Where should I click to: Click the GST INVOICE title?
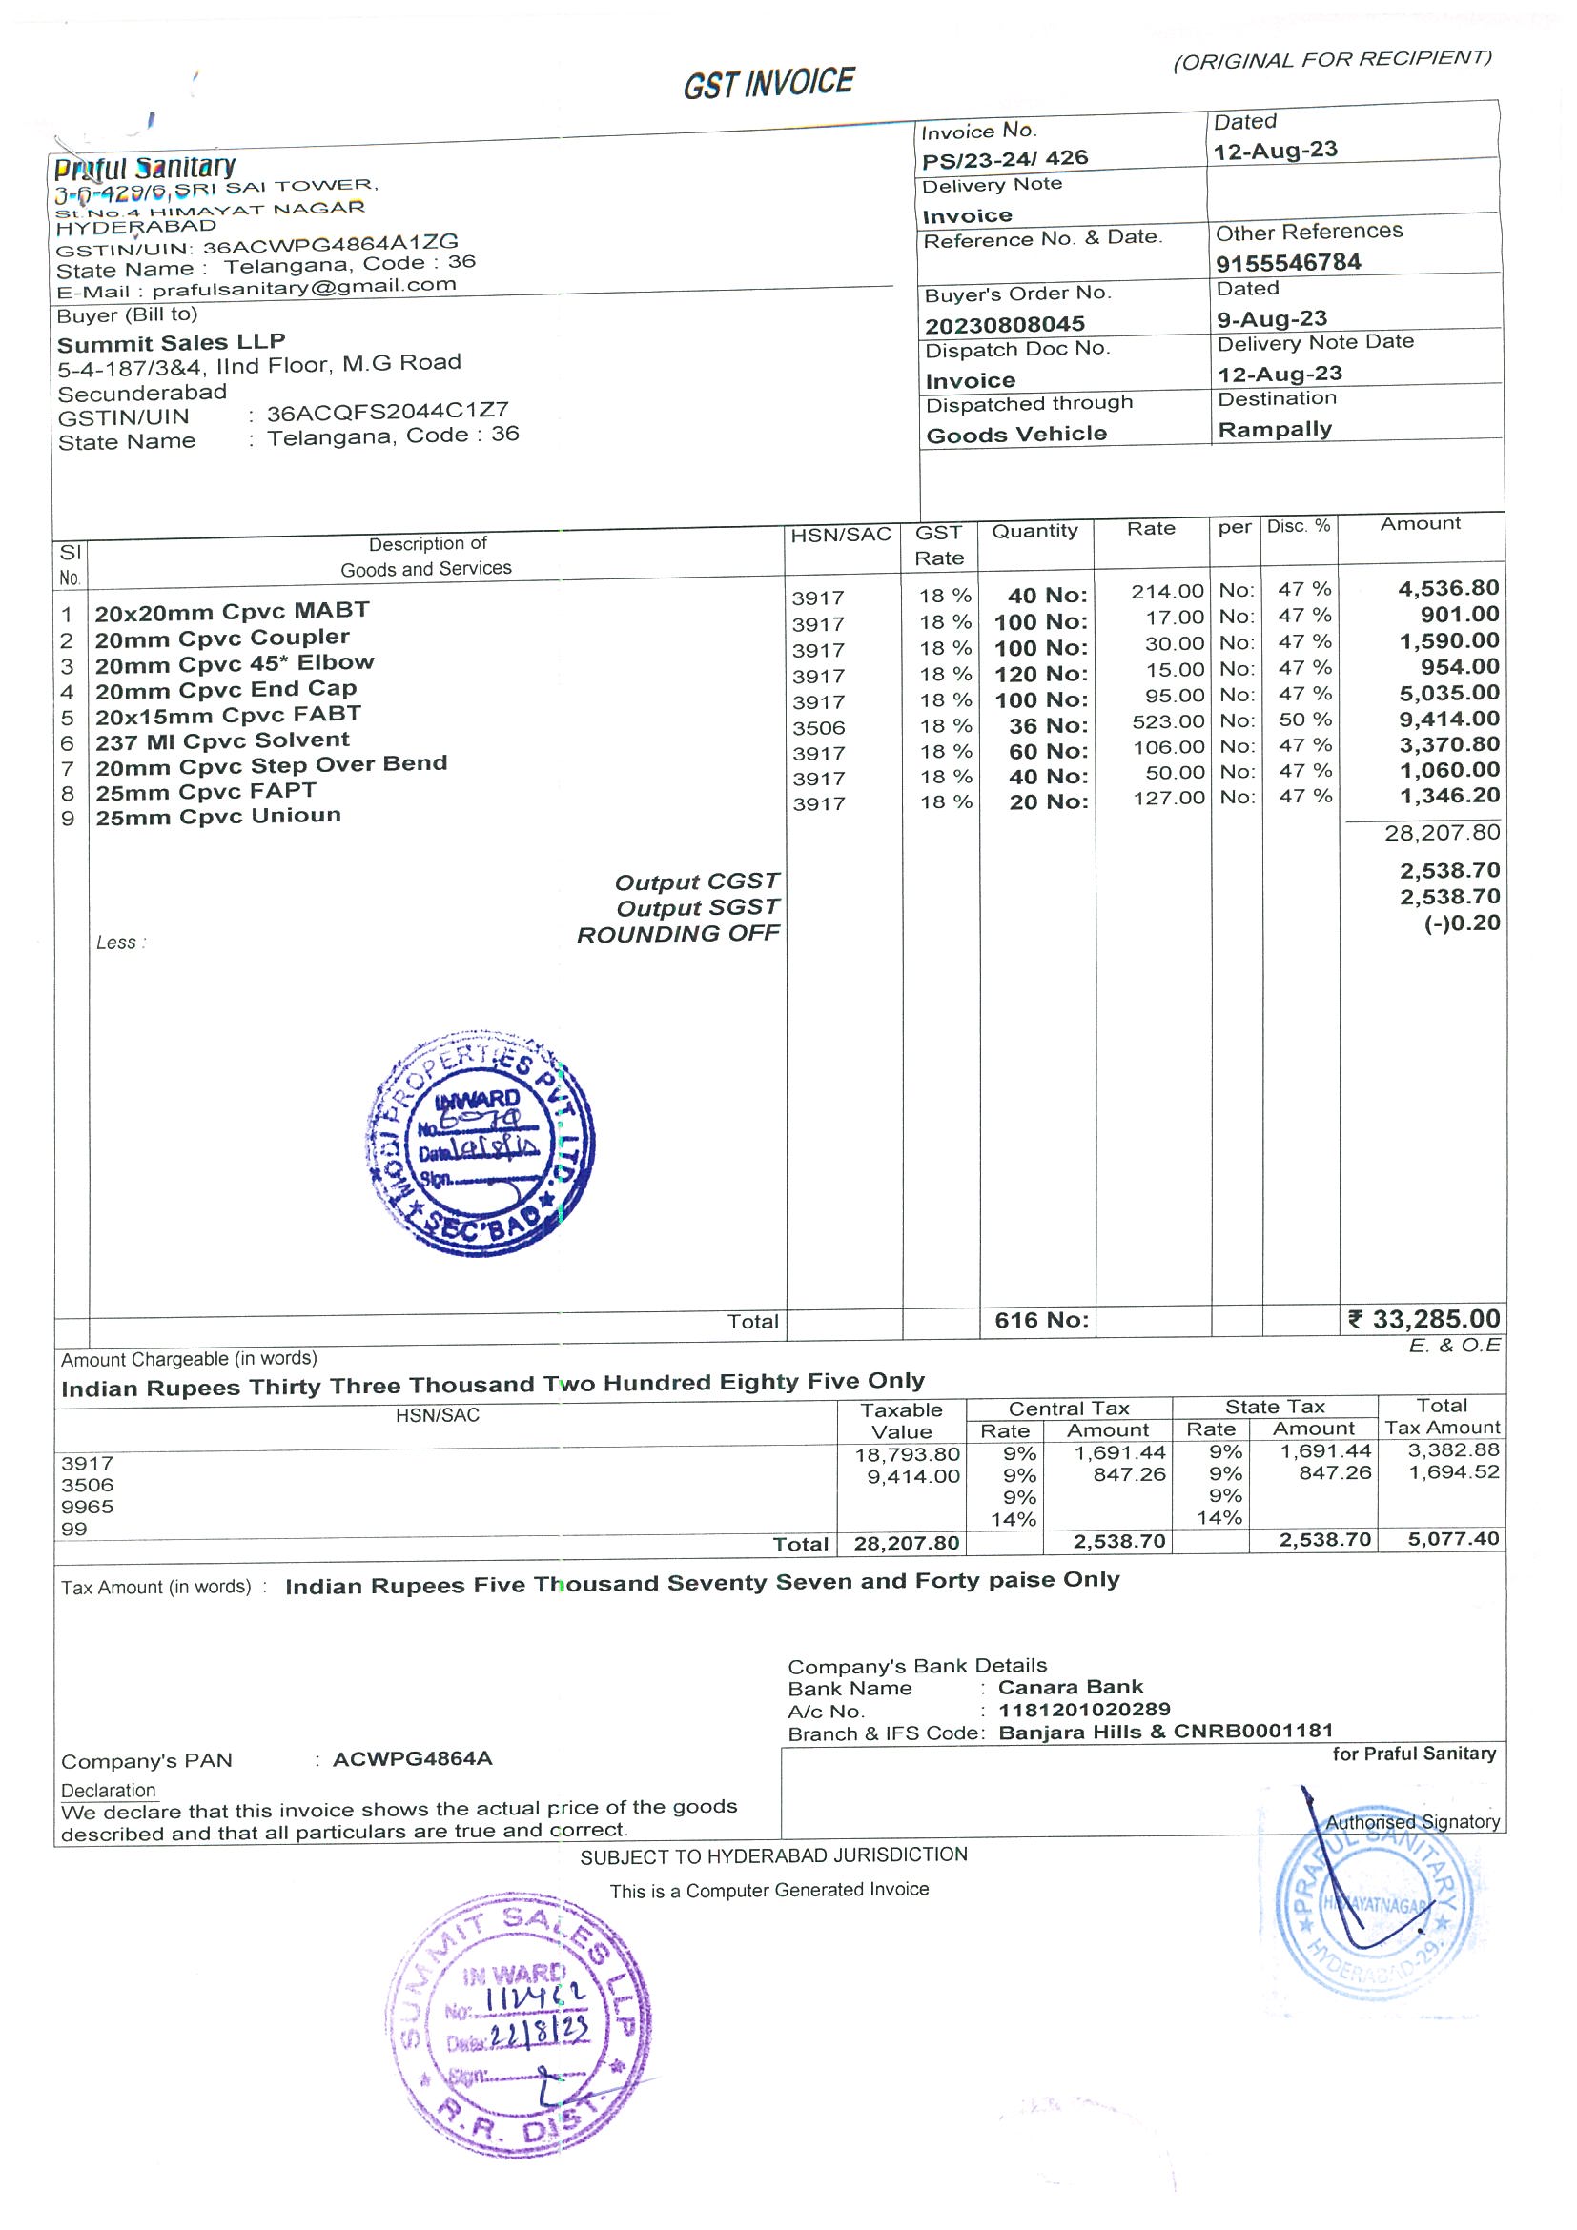pyautogui.click(x=768, y=84)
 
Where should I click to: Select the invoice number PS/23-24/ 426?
pyautogui.click(x=1005, y=158)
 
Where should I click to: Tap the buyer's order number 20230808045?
pyautogui.click(x=1005, y=324)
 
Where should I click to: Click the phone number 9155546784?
pyautogui.click(x=1288, y=262)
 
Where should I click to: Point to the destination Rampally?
pyautogui.click(x=1275, y=429)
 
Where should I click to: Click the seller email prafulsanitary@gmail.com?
pyautogui.click(x=304, y=287)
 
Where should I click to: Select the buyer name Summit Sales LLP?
pyautogui.click(x=171, y=343)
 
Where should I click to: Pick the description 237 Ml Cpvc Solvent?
pyautogui.click(x=221, y=741)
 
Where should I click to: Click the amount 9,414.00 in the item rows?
pyautogui.click(x=1448, y=719)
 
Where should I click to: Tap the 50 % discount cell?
pyautogui.click(x=1304, y=720)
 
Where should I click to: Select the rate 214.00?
pyautogui.click(x=1167, y=591)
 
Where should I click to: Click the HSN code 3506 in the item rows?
pyautogui.click(x=818, y=727)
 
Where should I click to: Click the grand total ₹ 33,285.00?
pyautogui.click(x=1424, y=1319)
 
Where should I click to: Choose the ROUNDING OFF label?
pyautogui.click(x=678, y=934)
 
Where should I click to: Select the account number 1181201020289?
pyautogui.click(x=1084, y=1709)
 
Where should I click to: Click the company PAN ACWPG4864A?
pyautogui.click(x=412, y=1759)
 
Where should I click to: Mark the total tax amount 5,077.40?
pyautogui.click(x=1454, y=1538)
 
